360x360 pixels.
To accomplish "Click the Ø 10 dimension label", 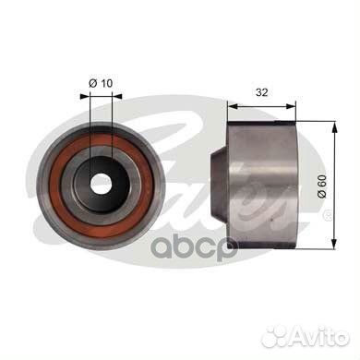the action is [101, 83].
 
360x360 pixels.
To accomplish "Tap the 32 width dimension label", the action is [262, 92].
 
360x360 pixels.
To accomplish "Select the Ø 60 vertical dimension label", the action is [322, 186].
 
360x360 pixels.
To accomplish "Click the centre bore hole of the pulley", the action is [101, 184].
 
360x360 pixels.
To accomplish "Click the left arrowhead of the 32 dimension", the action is [233, 106].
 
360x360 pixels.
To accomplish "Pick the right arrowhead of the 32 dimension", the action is [290, 106].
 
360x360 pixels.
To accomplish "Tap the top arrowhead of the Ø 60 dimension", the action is [334, 126].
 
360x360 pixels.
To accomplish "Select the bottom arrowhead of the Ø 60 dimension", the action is [334, 243].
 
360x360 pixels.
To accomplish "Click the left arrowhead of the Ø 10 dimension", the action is [84, 96].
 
